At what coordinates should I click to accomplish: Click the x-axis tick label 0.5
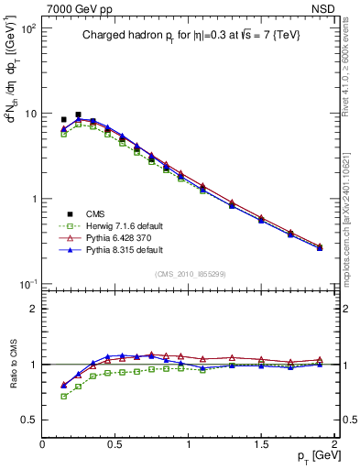[x=115, y=445]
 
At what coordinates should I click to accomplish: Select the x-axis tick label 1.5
[x=262, y=445]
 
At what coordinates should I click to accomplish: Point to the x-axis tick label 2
[x=334, y=445]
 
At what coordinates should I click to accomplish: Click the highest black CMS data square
[x=78, y=115]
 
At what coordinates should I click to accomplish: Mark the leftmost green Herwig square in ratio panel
[x=63, y=397]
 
